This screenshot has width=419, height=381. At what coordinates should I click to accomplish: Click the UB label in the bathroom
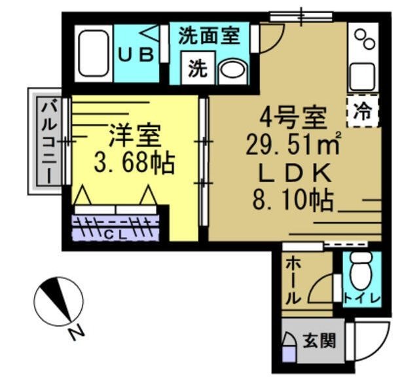coord(136,55)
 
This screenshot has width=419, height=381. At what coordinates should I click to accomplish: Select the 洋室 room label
coord(135,137)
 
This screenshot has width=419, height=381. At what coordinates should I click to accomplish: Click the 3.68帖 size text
coord(134,163)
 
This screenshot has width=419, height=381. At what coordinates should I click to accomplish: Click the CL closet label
coord(116,230)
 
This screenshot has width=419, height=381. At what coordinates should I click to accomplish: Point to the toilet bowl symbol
coord(361,272)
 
